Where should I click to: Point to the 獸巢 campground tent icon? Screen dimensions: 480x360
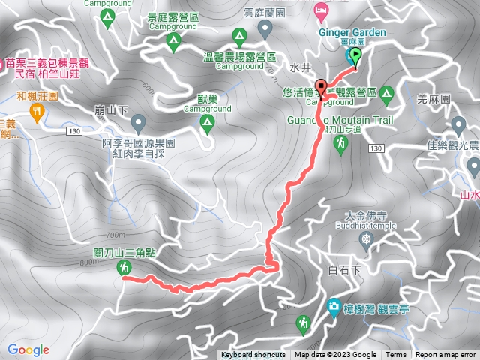206,128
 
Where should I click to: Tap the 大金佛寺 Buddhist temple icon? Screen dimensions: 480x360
365,240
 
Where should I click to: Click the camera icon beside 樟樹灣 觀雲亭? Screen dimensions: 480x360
333,306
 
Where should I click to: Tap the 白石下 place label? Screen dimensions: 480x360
345,268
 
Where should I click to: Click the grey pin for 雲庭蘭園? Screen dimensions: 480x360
264,29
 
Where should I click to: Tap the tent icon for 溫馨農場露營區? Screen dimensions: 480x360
240,35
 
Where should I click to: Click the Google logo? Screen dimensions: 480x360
28,349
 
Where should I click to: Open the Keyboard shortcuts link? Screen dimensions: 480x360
253,355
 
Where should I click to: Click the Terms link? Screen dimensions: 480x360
396,355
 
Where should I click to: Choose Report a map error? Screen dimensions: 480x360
446,355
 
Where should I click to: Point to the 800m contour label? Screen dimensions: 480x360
88,262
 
